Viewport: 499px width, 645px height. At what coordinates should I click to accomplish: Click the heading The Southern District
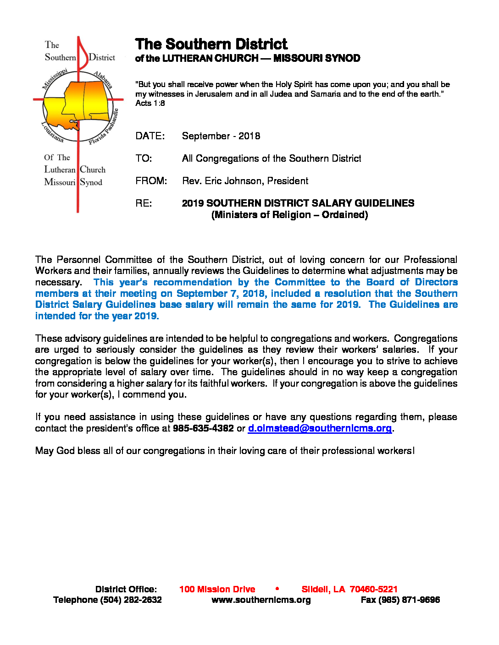click(x=211, y=44)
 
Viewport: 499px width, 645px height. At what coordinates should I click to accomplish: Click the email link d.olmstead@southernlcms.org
click(x=320, y=428)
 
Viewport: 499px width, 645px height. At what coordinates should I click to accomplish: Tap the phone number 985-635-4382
click(x=203, y=428)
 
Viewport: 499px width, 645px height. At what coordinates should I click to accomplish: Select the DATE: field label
click(x=150, y=136)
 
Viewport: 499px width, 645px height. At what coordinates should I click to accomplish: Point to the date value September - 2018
click(x=221, y=136)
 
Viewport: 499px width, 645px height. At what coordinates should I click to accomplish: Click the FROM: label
click(x=151, y=181)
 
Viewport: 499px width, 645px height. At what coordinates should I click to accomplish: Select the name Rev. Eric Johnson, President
click(x=245, y=181)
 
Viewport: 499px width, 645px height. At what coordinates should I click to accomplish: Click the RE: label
click(x=144, y=203)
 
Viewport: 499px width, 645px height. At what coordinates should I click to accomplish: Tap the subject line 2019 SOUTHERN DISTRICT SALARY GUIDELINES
click(x=298, y=203)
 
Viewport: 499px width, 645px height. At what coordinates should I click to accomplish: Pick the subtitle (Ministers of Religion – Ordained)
click(x=289, y=215)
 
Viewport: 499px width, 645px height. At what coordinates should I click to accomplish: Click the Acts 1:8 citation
click(x=150, y=104)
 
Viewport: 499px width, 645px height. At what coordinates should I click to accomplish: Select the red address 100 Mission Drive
click(x=217, y=590)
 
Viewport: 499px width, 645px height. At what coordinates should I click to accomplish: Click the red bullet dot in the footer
click(x=277, y=589)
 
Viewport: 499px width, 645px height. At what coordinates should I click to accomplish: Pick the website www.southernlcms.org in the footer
click(x=261, y=600)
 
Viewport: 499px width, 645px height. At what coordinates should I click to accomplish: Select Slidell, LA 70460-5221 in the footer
click(x=349, y=590)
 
